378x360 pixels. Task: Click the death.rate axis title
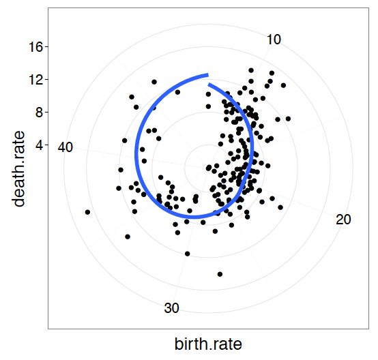(18, 168)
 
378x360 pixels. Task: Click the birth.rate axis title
(208, 344)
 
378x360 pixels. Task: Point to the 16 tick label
(35, 46)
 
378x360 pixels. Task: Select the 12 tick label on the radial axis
(35, 79)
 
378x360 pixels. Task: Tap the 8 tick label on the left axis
(39, 112)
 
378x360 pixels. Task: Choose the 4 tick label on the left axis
(39, 145)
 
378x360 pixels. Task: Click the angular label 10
(274, 40)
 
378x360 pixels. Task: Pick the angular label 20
(343, 220)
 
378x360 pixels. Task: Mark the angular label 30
(172, 308)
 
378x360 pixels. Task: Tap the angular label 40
(66, 147)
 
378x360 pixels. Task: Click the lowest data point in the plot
(220, 274)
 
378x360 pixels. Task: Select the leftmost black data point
(87, 212)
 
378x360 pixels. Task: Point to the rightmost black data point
(288, 119)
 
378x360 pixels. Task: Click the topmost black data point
(251, 70)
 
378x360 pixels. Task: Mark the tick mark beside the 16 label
(46, 46)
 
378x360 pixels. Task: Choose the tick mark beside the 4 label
(46, 145)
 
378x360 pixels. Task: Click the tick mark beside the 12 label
(46, 79)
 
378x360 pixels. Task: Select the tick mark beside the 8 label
(46, 112)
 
